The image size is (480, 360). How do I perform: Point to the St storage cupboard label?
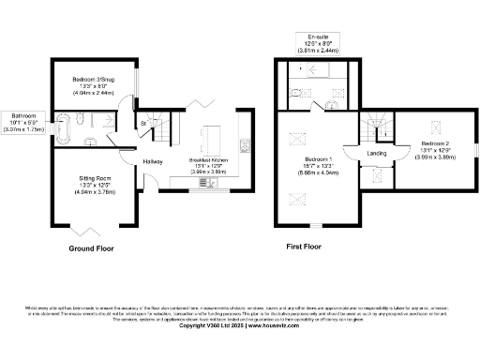click(144, 123)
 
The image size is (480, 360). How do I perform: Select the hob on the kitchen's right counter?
click(245, 144)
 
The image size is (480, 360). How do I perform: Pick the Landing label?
click(378, 153)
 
